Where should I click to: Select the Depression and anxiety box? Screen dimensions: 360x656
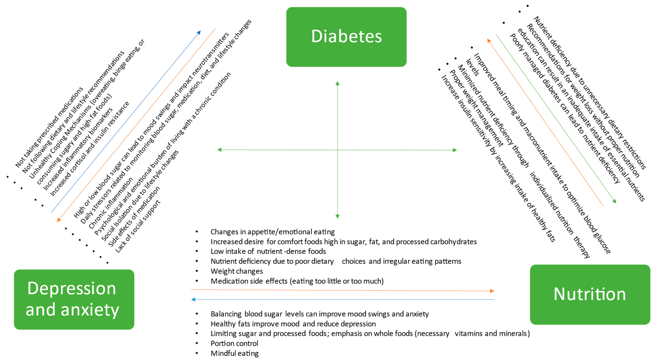coord(74,299)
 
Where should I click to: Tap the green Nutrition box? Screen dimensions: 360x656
coord(590,294)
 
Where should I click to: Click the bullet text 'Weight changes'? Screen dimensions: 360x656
coord(237,271)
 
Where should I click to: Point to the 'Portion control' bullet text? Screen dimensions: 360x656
coord(234,343)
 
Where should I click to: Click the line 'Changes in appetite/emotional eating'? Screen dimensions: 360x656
coord(273,232)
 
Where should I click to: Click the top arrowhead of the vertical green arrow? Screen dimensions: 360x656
coord(337,83)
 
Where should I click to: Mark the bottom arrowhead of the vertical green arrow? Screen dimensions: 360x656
coord(337,216)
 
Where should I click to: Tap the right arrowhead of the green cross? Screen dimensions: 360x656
coord(455,150)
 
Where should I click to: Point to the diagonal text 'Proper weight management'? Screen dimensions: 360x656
coord(476,108)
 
